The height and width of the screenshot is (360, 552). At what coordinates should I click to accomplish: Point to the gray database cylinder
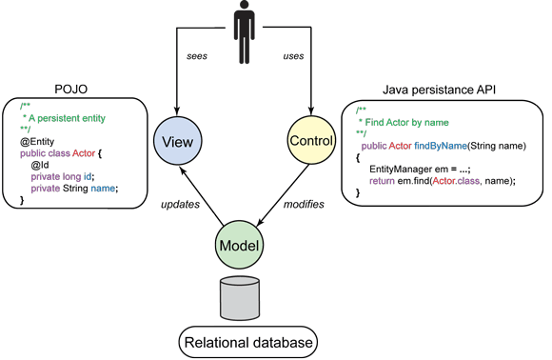click(x=239, y=299)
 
